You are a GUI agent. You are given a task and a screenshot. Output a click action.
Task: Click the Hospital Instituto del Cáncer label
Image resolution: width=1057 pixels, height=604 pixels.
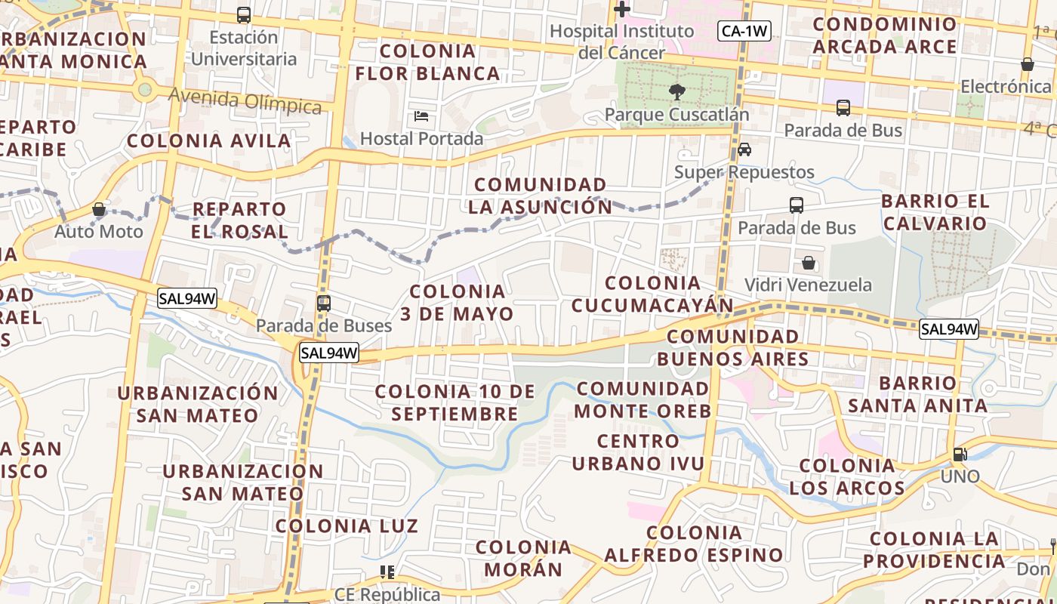(x=621, y=42)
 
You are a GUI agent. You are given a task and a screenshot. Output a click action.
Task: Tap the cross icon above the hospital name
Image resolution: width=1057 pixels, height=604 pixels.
(x=621, y=10)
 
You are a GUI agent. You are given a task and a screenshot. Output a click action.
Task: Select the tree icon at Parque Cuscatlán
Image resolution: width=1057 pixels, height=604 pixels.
(x=676, y=92)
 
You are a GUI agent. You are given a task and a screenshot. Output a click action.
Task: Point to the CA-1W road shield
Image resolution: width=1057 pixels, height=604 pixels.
(x=744, y=31)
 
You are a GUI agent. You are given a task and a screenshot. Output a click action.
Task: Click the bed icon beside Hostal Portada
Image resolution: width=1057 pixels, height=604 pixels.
(x=421, y=116)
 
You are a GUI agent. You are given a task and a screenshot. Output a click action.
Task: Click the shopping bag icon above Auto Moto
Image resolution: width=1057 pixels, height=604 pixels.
(x=99, y=209)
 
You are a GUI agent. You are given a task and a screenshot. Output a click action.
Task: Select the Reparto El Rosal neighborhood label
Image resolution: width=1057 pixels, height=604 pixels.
(x=239, y=220)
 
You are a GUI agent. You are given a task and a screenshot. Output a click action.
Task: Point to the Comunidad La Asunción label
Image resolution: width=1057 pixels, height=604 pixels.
(x=541, y=196)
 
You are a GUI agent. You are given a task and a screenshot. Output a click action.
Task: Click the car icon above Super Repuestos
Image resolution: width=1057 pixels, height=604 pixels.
(x=744, y=149)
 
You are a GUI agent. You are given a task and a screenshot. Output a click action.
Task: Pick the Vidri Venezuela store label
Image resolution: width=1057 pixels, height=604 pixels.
(x=808, y=285)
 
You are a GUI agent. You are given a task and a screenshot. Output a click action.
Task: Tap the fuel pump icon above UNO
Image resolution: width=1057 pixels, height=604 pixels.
(x=960, y=455)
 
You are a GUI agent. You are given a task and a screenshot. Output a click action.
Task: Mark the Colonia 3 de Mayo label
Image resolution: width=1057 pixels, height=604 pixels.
(x=457, y=302)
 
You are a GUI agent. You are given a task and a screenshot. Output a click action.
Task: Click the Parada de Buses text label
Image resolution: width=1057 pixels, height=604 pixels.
(x=324, y=325)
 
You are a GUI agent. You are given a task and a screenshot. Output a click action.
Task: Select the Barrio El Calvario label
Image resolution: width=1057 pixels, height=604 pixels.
(x=935, y=212)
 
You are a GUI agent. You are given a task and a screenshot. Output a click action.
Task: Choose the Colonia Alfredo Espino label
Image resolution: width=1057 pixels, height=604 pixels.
(x=694, y=544)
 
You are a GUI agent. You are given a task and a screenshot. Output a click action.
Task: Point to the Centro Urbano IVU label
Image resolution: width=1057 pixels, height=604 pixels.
(x=638, y=451)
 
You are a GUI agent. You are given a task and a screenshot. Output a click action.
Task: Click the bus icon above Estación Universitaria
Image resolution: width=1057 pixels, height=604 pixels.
(x=243, y=14)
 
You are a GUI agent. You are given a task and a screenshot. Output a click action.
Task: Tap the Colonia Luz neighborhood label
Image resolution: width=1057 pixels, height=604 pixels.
(x=347, y=525)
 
